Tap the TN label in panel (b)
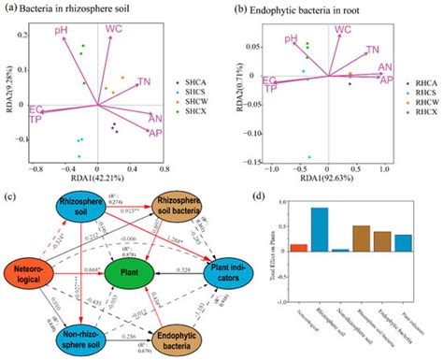(372, 50)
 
